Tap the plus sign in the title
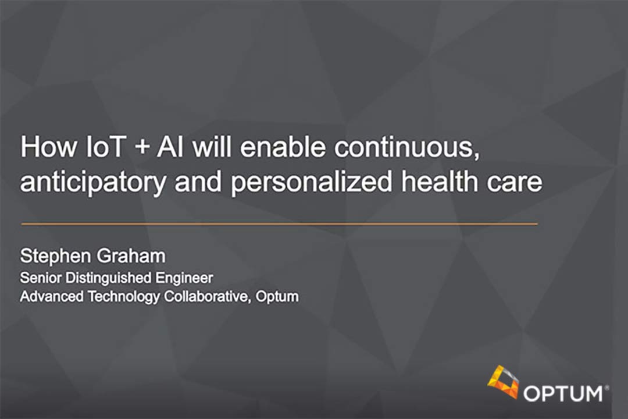click(x=142, y=148)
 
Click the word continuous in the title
click(x=407, y=148)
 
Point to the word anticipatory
click(x=93, y=182)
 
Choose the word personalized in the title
click(x=311, y=182)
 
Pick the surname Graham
click(x=131, y=256)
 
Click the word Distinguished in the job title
click(x=108, y=278)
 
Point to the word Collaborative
click(x=208, y=297)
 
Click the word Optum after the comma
click(x=277, y=297)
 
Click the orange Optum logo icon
click(x=503, y=382)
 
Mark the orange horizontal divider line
click(x=279, y=223)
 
